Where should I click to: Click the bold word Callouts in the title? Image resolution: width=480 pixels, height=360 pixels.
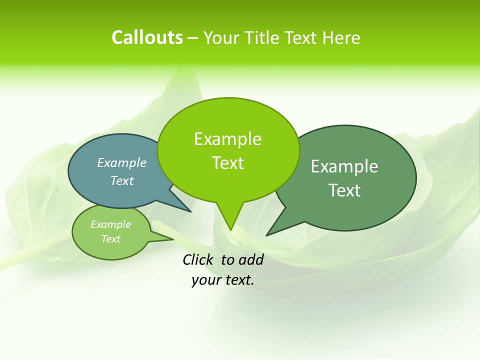coord(147,37)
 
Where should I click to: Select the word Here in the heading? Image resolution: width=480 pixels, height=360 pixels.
coord(341,37)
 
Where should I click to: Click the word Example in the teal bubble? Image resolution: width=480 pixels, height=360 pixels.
coord(122,162)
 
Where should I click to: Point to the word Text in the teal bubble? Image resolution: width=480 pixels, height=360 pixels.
coord(122,180)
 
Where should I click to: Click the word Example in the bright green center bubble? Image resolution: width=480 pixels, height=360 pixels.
coord(227,139)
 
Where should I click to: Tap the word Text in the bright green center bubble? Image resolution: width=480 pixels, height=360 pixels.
coord(227,163)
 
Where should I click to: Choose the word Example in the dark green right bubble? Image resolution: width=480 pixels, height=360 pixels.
coord(344,166)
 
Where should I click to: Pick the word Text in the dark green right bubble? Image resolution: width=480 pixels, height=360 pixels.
coord(344,190)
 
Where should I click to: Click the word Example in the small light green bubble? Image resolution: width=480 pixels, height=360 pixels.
coord(111,224)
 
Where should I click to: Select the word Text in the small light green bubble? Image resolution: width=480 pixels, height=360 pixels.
coord(111,239)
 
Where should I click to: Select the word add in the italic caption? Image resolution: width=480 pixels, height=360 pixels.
coord(251,259)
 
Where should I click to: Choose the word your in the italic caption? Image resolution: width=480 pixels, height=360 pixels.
coord(206,280)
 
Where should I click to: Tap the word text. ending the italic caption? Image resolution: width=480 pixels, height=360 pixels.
coord(238,280)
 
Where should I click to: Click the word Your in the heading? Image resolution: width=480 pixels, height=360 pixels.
coord(222,37)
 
